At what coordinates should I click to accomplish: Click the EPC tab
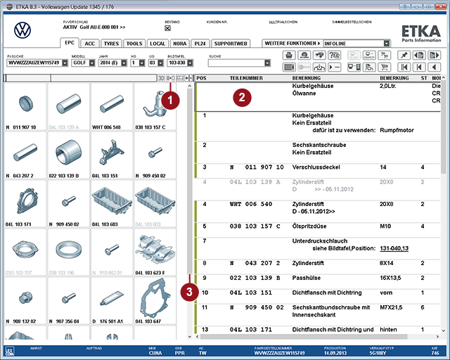70,44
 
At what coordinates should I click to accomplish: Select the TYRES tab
111,44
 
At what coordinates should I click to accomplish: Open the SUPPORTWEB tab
231,44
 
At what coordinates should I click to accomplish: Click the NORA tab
179,44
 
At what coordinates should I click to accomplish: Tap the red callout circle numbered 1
168,100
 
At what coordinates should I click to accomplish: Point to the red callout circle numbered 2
241,98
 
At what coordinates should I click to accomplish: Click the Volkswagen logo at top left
24,30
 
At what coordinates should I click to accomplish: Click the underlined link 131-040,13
395,249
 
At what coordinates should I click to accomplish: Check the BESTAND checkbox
167,30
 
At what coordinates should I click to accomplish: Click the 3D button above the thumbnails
161,78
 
